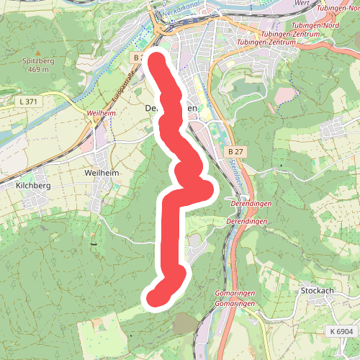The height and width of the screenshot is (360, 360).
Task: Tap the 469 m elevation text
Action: coord(38,69)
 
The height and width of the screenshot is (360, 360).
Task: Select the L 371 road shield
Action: coord(29,102)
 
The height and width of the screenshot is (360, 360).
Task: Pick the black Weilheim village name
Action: coord(101,174)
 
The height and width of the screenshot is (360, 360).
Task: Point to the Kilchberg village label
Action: coord(31,185)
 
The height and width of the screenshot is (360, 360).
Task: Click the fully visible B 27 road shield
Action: coord(235,152)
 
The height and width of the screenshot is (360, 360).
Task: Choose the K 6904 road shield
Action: coord(340,331)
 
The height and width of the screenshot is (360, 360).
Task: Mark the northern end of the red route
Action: coord(157,62)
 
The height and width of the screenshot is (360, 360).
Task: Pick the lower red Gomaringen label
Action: coord(235,304)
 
